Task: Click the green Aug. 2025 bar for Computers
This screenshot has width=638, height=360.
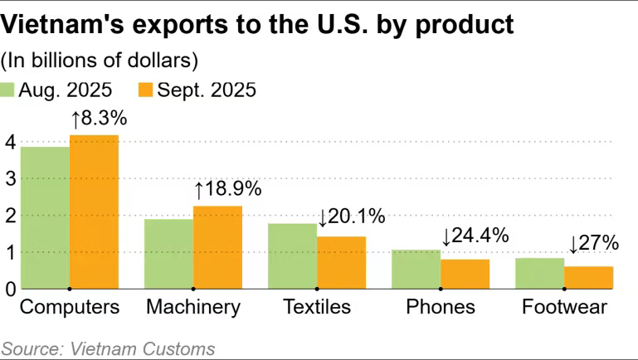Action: [45, 218]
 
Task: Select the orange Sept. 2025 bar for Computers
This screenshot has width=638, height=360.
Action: [94, 212]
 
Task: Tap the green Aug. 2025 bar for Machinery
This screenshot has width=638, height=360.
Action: [168, 254]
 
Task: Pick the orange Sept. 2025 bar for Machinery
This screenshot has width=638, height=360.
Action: [217, 247]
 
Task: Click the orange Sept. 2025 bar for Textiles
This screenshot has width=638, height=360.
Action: [341, 263]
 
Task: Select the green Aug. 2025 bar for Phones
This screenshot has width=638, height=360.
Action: [416, 270]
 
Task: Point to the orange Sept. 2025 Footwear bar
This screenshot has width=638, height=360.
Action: [588, 278]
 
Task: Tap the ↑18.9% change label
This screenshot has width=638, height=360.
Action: [227, 189]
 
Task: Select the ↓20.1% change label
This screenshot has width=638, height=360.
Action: [351, 217]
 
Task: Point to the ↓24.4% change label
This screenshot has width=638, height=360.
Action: [475, 236]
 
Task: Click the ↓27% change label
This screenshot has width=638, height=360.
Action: [594, 244]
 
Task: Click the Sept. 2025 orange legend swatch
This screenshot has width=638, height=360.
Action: [146, 90]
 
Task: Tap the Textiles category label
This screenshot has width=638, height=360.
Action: [317, 308]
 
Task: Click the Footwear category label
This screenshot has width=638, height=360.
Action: [564, 308]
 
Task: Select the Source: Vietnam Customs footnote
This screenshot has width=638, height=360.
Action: [108, 348]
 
